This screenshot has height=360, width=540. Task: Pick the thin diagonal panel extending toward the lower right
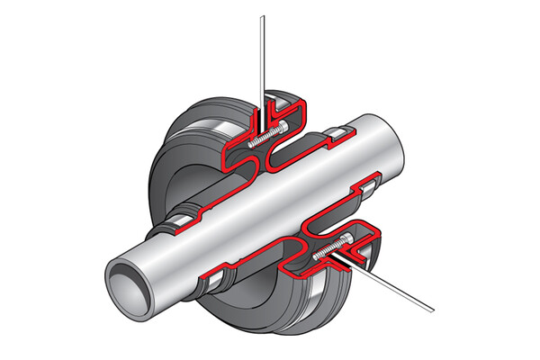396,288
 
